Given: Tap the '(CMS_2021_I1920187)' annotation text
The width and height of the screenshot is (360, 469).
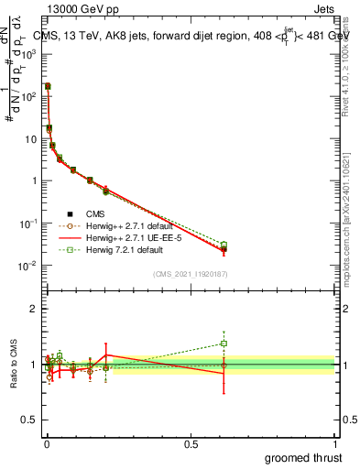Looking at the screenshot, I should (x=190, y=273).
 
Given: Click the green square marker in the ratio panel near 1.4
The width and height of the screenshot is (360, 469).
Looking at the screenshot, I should (x=224, y=344).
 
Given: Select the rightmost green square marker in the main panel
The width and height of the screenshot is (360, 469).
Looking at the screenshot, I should (x=224, y=245).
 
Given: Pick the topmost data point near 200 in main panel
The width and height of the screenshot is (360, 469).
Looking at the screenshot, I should (x=48, y=86).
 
